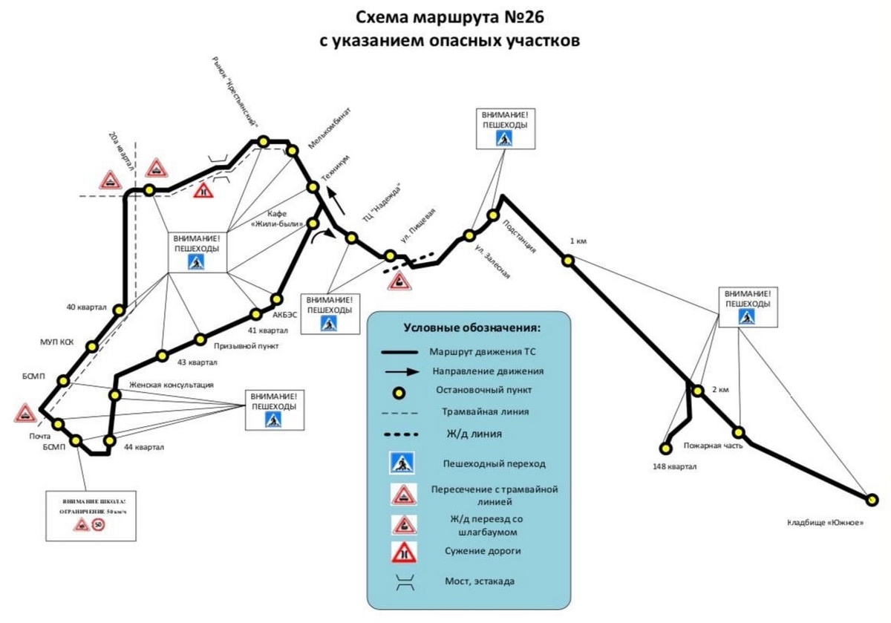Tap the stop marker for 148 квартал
[x=665, y=448]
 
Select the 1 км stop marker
[x=568, y=260]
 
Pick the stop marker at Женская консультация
[x=114, y=395]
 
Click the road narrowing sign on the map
[x=203, y=190]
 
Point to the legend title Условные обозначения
[x=471, y=327]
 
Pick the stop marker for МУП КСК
[x=92, y=346]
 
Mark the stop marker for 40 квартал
[x=119, y=310]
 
